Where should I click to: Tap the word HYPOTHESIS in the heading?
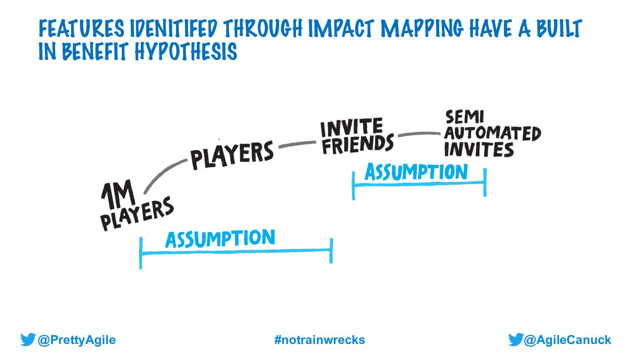[192, 52]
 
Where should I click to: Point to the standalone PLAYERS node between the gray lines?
[232, 155]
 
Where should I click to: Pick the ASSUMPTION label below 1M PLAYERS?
[220, 239]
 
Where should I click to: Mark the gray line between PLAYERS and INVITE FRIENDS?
[297, 144]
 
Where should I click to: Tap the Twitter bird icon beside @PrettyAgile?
[28, 340]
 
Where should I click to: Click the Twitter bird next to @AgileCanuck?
[516, 340]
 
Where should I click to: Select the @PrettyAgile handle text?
[76, 340]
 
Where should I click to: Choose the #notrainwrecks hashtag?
[320, 340]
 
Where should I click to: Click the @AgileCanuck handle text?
[568, 340]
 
